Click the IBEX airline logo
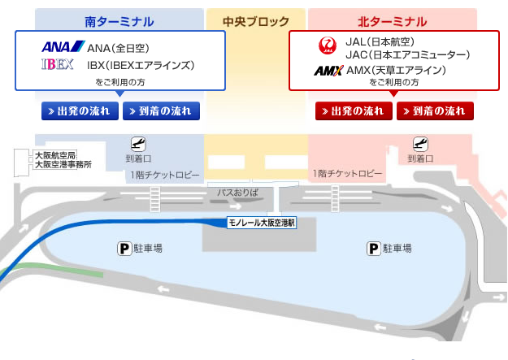[58, 64]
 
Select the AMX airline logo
[328, 71]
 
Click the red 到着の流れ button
[435, 111]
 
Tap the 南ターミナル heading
[119, 20]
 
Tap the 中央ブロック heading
[255, 20]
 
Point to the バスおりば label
[237, 193]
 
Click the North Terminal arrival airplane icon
[420, 144]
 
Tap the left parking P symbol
[123, 248]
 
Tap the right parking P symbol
[373, 248]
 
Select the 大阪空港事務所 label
[63, 164]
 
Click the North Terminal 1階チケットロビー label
[347, 174]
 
